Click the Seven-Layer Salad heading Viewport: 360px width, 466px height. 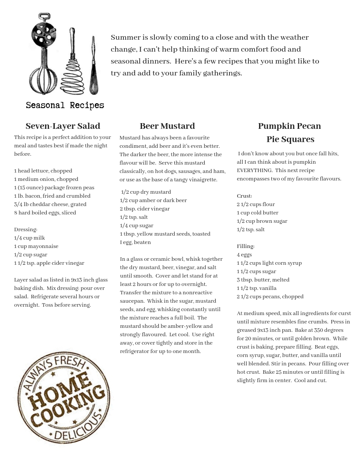coord(63,126)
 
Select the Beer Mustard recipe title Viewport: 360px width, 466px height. coord(167,126)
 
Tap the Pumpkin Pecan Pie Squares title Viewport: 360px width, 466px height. coord(289,132)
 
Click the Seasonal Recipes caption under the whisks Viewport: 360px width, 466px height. coord(65,105)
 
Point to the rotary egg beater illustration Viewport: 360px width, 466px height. coord(43,53)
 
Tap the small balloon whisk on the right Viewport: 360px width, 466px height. coord(94,66)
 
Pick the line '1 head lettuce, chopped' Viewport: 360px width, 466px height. coord(43,171)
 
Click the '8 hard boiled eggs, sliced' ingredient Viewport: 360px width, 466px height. coord(45,213)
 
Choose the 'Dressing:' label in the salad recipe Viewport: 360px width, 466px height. coord(26,229)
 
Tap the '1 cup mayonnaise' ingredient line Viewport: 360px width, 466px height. coord(36,246)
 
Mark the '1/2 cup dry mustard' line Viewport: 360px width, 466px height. coord(146,192)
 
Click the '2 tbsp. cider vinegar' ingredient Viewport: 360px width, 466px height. coord(145,209)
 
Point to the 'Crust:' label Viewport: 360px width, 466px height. coord(244,196)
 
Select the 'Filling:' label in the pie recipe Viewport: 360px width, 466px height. coord(246,246)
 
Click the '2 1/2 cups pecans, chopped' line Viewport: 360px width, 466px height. coord(270,297)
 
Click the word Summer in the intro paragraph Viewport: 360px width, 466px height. coord(124,38)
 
